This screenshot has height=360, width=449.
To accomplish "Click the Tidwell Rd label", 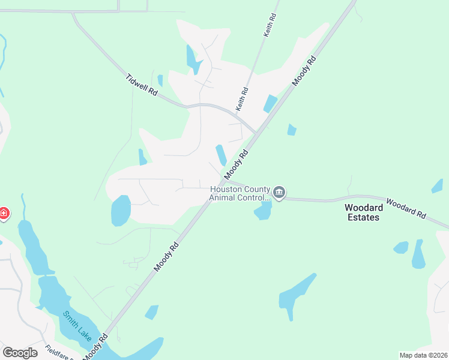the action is pos(142,85).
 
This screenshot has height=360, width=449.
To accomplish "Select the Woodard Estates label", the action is pos(363,212).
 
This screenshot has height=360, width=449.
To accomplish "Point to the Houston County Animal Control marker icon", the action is pos(279,192).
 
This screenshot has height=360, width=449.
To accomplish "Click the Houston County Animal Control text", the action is pos(240,193).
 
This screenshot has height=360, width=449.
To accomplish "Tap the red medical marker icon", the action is pos(4,213).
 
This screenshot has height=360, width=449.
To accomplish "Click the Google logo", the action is pos(20,352).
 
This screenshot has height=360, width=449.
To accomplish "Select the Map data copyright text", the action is pos(423,355).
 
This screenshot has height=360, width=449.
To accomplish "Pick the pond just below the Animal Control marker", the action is pos(263,211).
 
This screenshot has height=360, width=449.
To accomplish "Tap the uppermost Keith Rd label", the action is pos(271,25).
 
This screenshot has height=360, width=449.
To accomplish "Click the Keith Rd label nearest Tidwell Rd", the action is pos(242,100).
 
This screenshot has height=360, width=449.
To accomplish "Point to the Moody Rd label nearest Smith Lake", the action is pos(96,347).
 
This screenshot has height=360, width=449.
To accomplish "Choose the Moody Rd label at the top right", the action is pos(304,70).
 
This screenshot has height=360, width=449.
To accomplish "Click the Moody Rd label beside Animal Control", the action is pos(236,165).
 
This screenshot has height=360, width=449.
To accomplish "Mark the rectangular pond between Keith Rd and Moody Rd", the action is pos(270,104).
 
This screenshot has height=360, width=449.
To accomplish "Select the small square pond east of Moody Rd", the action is pos(292,130).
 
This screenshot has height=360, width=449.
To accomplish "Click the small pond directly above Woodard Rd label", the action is pos(437,186).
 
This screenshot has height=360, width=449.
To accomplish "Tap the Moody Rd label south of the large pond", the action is pos(166,256).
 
